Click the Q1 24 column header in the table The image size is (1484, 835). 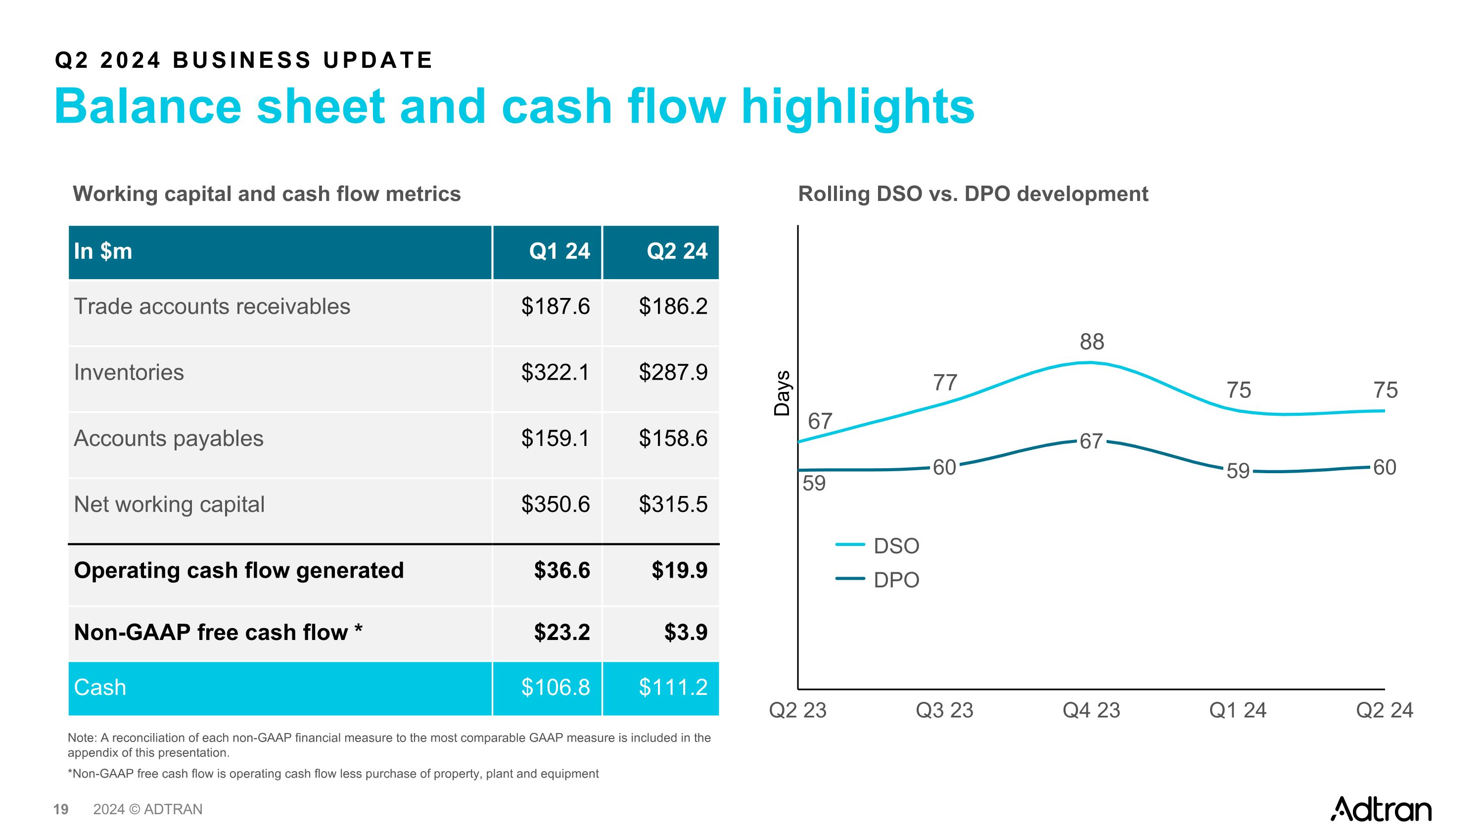point(559,251)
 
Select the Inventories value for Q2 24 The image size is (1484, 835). point(672,372)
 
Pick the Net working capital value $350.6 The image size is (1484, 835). point(555,504)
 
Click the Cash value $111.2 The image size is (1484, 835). point(672,688)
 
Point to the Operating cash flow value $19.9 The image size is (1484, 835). point(679,571)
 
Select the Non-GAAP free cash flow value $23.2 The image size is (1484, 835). point(561,632)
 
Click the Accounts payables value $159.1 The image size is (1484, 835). point(555,439)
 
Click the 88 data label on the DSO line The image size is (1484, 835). point(1092,342)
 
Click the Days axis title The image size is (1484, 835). point(782,393)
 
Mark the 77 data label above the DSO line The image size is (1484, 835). point(945,383)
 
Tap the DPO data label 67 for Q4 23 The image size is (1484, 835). point(1091,442)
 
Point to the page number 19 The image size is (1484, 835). point(60,810)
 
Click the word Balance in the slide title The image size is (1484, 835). point(147,107)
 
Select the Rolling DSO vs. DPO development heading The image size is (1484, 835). point(973,194)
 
